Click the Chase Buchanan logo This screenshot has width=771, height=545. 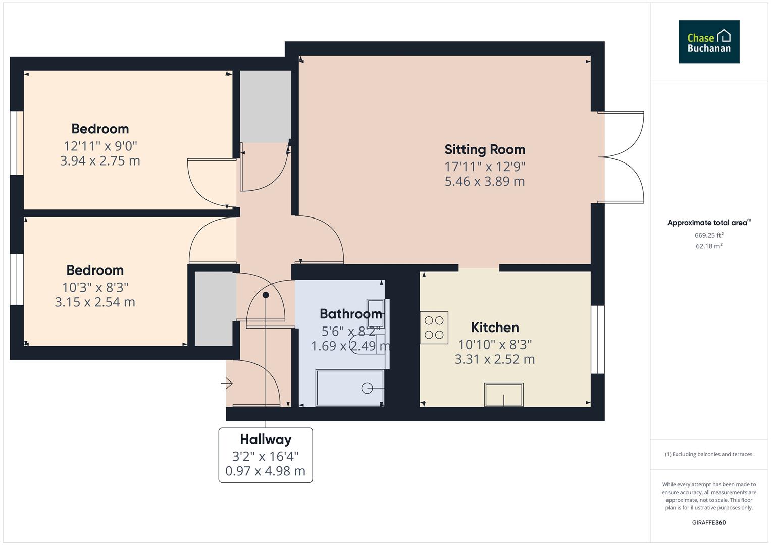tap(708, 42)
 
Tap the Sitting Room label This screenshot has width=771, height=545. tap(484, 150)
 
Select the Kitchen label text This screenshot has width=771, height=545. tap(494, 328)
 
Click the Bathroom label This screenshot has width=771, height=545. tap(350, 314)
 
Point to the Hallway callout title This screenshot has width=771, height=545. tap(266, 440)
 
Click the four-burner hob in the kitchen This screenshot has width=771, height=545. tap(434, 327)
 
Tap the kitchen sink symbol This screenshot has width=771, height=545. tap(503, 394)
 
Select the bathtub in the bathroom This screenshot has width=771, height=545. tap(349, 388)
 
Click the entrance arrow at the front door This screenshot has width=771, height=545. tap(226, 384)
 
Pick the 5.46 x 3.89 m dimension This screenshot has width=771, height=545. tap(484, 181)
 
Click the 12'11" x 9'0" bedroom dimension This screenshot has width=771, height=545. tap(100, 146)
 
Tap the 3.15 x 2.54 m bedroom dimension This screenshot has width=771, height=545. tap(95, 302)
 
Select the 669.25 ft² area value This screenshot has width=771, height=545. tap(708, 235)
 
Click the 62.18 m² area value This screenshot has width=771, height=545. tap(708, 246)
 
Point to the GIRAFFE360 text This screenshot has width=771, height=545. tap(708, 522)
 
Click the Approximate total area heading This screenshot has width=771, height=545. tap(708, 223)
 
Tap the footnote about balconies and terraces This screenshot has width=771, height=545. tap(708, 454)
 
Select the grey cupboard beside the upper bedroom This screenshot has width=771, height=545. tap(265, 106)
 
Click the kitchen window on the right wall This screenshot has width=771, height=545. tap(597, 339)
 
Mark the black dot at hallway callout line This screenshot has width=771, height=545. tap(266, 295)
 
